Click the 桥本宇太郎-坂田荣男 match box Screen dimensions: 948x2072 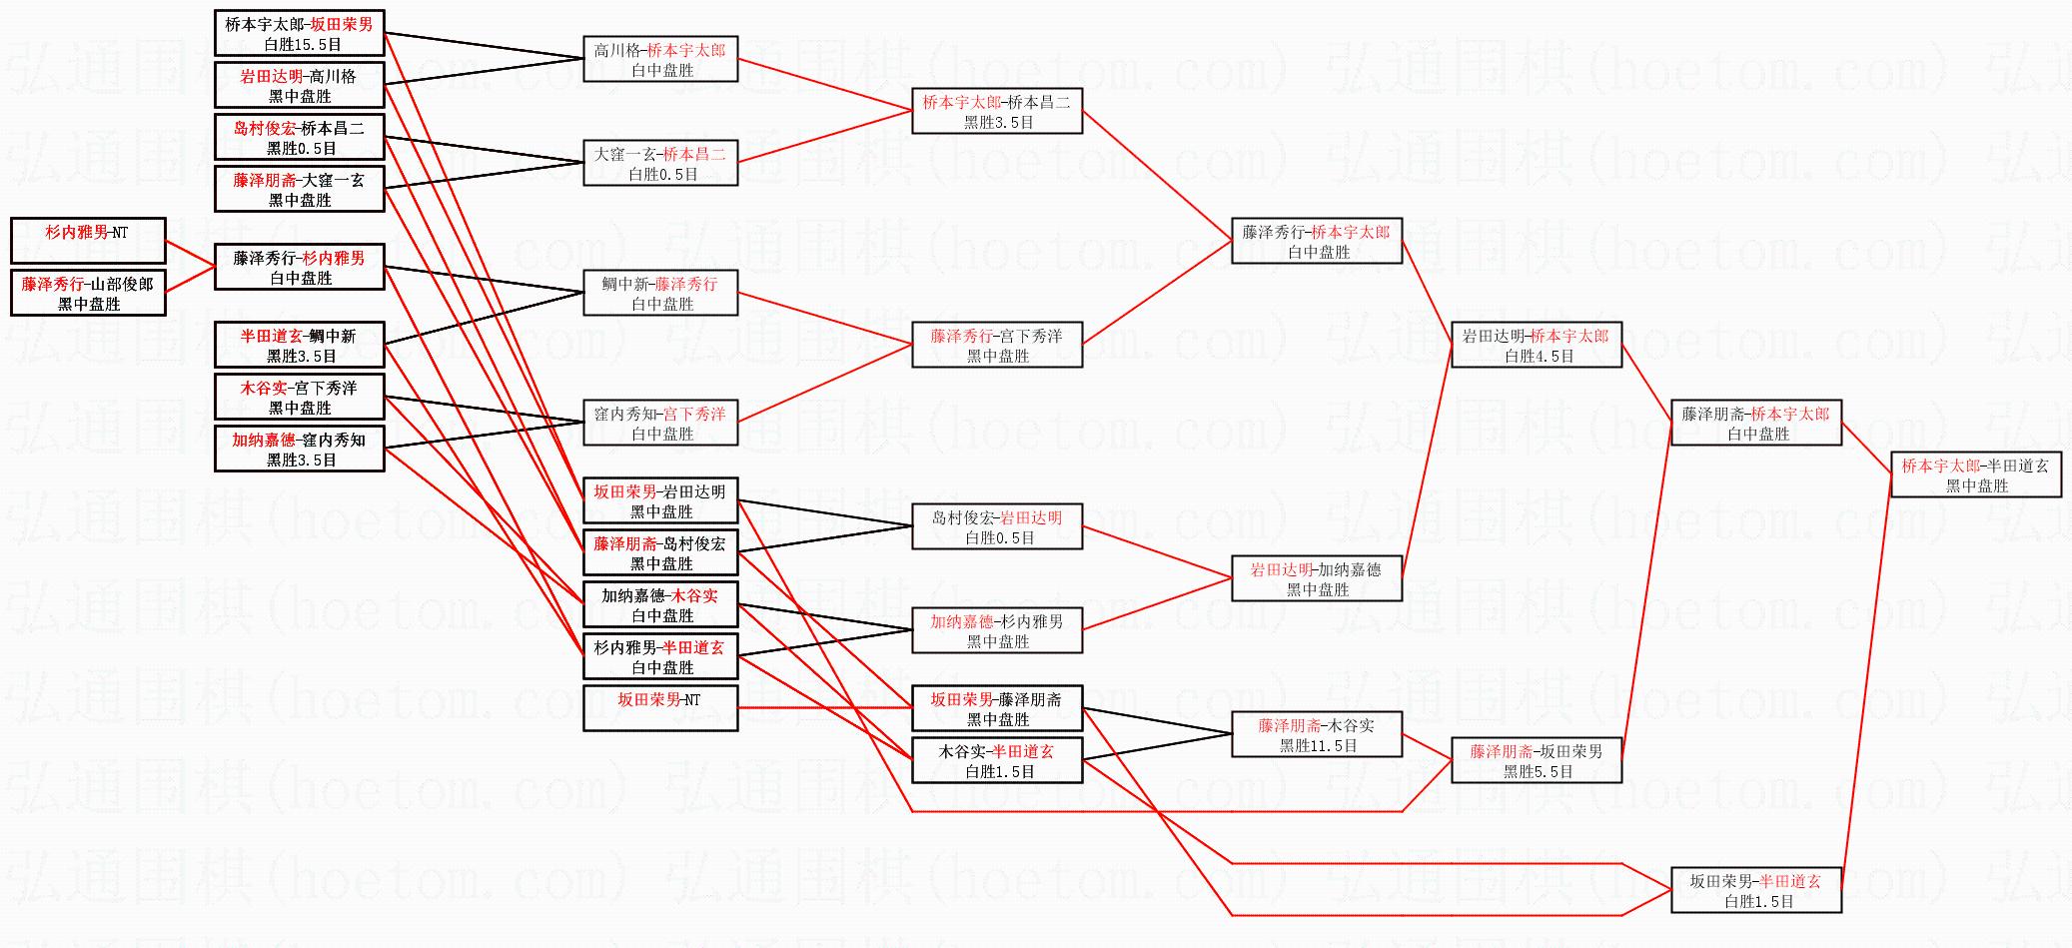tap(299, 33)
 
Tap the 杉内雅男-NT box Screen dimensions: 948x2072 tap(88, 241)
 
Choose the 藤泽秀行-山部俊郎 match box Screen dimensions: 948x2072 tap(88, 293)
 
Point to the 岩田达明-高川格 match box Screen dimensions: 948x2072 tap(299, 85)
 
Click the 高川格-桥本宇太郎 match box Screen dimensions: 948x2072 tap(660, 59)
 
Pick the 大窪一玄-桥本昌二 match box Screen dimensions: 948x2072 tap(660, 163)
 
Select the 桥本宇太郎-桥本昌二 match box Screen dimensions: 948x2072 tap(997, 111)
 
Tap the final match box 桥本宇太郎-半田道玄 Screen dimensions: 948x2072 tap(1976, 474)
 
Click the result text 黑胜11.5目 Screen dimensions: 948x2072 tap(1318, 746)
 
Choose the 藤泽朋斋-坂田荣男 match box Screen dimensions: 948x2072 tap(1537, 760)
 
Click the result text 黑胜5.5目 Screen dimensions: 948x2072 tap(1539, 772)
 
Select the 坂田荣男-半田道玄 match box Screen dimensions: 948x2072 tap(1755, 890)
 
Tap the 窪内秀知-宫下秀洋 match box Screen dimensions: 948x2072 tap(660, 423)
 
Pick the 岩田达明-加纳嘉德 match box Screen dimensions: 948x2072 tap(1317, 578)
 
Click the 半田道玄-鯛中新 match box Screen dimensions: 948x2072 tap(299, 345)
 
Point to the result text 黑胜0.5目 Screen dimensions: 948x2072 tap(302, 149)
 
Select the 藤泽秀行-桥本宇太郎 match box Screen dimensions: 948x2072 tap(1317, 241)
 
